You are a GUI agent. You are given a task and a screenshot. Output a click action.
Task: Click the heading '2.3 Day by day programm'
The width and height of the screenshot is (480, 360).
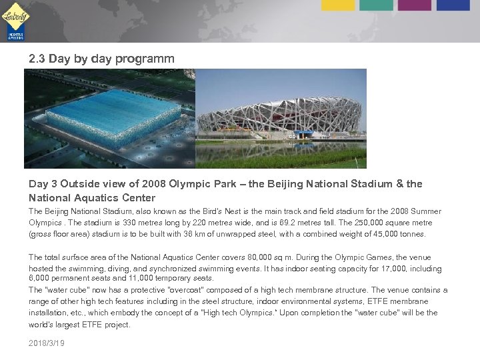click(x=101, y=59)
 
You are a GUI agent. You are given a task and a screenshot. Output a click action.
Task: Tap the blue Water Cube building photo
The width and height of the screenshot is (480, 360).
click(x=110, y=119)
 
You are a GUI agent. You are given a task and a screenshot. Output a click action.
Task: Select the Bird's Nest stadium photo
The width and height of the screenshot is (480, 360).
click(x=281, y=119)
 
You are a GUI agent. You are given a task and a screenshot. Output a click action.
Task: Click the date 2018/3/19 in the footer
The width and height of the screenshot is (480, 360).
click(x=47, y=342)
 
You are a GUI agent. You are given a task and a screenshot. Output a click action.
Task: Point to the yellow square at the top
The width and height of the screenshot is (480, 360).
click(x=339, y=5)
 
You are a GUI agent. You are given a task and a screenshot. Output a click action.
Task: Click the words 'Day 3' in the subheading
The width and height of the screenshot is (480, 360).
click(x=43, y=183)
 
